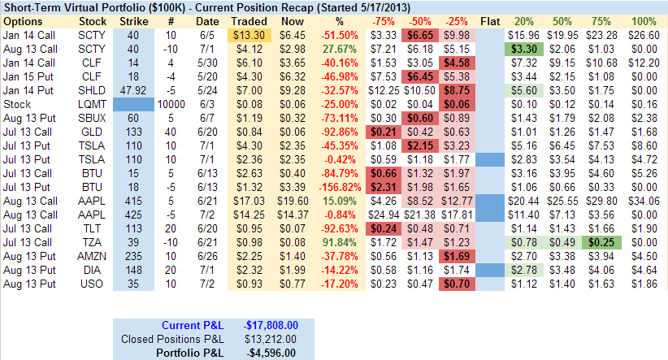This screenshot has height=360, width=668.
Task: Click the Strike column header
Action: point(133,20)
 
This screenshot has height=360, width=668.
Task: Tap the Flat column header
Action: point(490,20)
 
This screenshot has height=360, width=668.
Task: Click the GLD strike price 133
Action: point(133,132)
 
